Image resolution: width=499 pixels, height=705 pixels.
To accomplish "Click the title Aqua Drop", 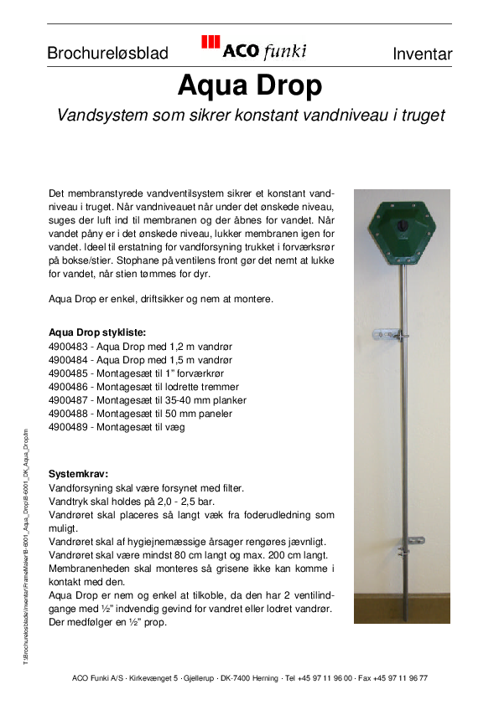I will pyautogui.click(x=249, y=85).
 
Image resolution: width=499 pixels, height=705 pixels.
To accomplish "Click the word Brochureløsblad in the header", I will pyautogui.click(x=107, y=54).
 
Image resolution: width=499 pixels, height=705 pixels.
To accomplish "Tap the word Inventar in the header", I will pyautogui.click(x=422, y=54).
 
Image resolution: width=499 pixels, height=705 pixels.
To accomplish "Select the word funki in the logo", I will pyautogui.click(x=285, y=51).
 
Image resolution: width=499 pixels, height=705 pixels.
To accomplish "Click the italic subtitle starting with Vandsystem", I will pyautogui.click(x=249, y=115).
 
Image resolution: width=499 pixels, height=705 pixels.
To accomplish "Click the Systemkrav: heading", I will pyautogui.click(x=78, y=473).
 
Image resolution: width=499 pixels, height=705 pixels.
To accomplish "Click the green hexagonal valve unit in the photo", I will pyautogui.click(x=401, y=227).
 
